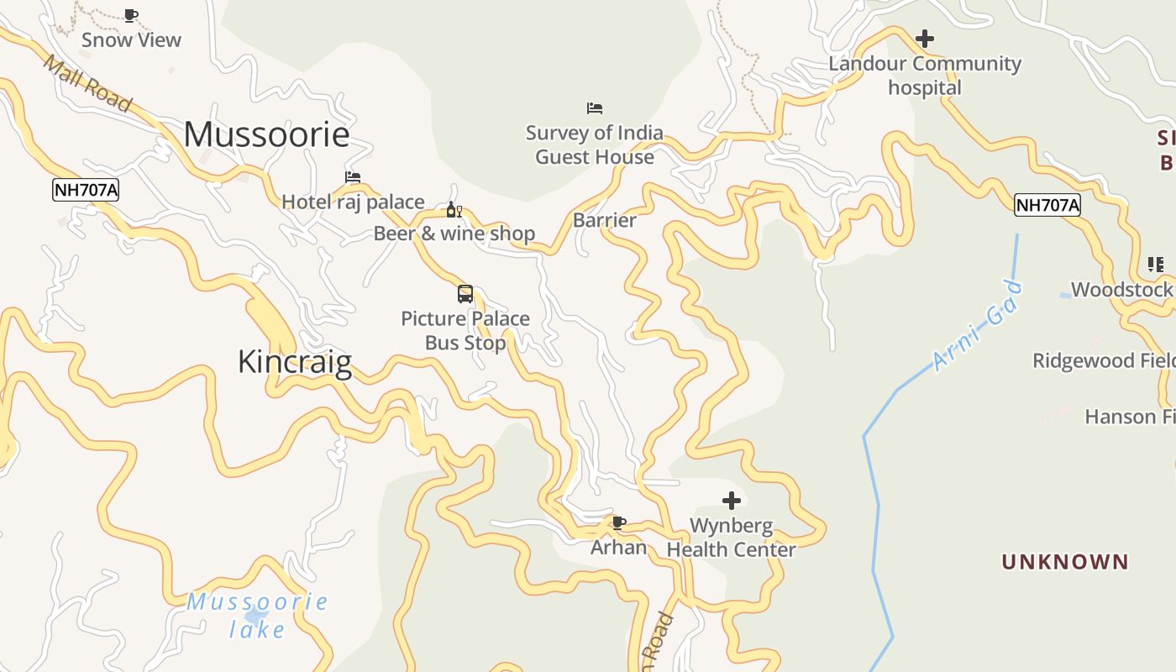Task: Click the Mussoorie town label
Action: coord(266,134)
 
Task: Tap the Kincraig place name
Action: coord(294,362)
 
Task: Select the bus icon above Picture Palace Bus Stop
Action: coord(465,294)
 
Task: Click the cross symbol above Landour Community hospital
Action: coord(925,39)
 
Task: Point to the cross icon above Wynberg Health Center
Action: coord(732,501)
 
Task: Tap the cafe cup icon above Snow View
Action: coord(130,15)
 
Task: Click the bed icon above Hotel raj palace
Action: coord(353,177)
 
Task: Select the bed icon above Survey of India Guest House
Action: coord(595,108)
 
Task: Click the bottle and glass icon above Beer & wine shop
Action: coord(454,209)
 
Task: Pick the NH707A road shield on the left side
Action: coord(86,191)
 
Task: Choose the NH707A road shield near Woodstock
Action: coord(1047,205)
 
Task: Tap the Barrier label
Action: coord(604,220)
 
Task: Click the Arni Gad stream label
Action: coord(979,327)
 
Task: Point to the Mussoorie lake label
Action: coord(257,615)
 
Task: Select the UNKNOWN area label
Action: coord(1064,562)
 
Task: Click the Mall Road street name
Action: coord(87,84)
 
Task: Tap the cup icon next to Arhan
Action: coord(619,523)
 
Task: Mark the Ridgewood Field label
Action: coord(1103,360)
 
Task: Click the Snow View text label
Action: coord(131,39)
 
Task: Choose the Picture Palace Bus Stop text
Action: coord(465,330)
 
